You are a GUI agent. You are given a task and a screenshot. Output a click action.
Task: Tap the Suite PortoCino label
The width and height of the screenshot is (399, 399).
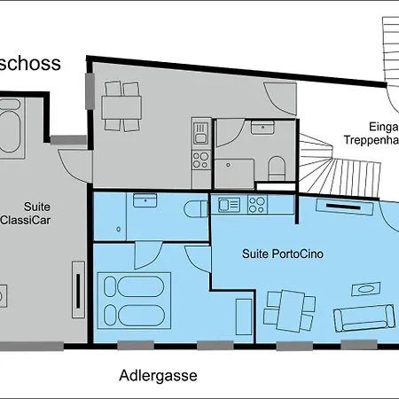[283, 254]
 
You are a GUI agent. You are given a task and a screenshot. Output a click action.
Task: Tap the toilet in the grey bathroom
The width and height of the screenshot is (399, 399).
[276, 167]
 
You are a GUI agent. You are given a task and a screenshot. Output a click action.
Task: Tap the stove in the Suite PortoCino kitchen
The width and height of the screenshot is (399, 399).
[257, 205]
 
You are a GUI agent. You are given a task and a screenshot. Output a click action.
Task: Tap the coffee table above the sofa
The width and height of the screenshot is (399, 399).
[364, 287]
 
